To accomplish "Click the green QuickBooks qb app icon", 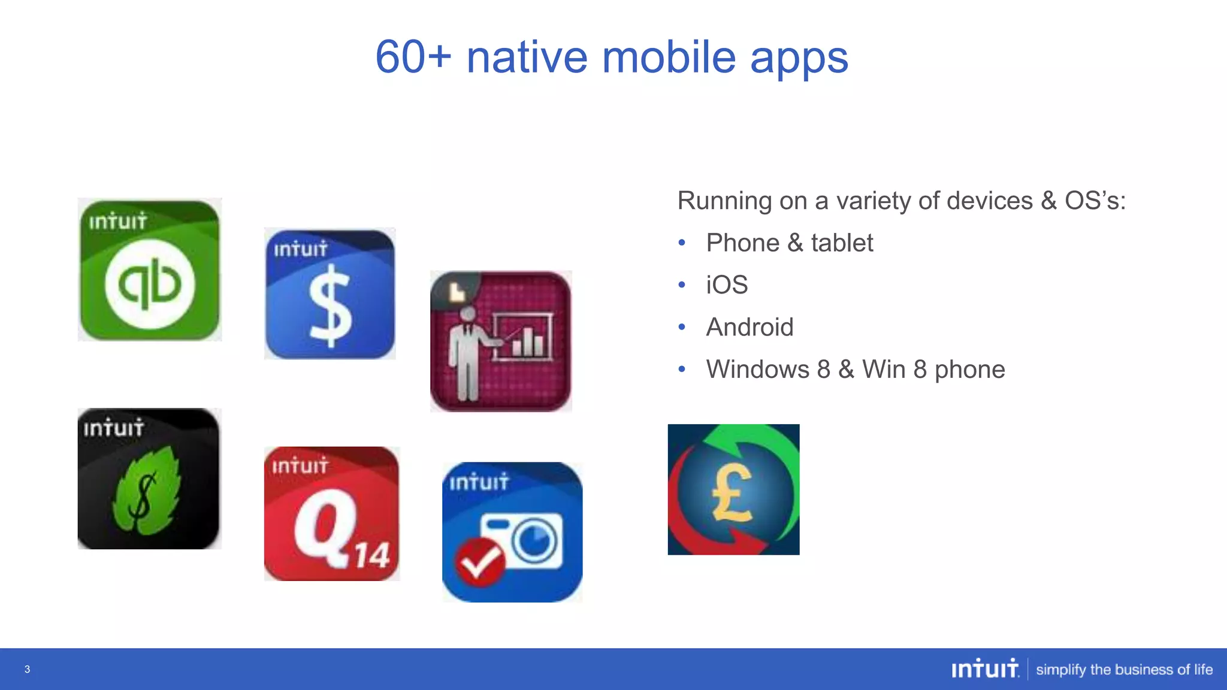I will (150, 270).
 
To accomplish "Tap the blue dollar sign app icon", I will (330, 293).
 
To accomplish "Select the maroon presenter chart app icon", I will (501, 341).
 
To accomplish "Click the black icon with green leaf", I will (149, 479).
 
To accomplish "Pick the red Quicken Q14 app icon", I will (331, 513).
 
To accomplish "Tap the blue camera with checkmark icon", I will (512, 532).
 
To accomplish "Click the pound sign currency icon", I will (733, 489).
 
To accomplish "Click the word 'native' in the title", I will (527, 57).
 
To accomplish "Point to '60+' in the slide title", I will (413, 57).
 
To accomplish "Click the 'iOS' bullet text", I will (727, 285).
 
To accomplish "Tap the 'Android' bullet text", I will (750, 327).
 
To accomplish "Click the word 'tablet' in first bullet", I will (842, 243).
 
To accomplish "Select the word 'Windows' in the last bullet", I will (757, 369).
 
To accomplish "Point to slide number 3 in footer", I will (27, 669).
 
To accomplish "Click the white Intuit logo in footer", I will (985, 668).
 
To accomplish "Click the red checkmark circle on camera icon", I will (479, 562).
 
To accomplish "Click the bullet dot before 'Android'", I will (682, 327).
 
